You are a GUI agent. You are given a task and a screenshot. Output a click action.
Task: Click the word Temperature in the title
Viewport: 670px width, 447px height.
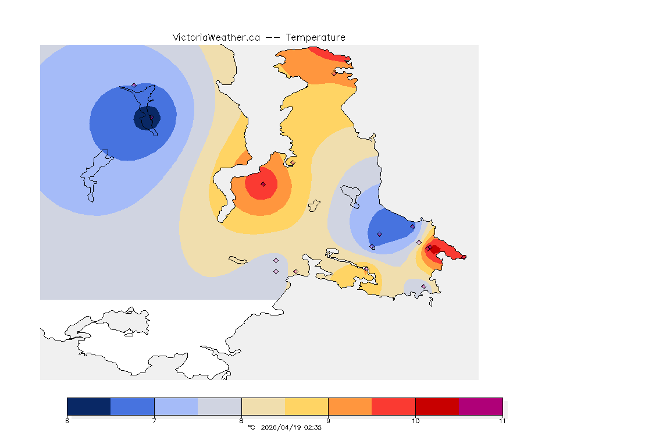point(315,37)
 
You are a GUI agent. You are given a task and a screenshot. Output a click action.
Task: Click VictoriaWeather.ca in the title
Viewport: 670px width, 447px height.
point(216,37)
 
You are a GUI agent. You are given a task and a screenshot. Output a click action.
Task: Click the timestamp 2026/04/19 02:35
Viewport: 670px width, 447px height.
point(291,428)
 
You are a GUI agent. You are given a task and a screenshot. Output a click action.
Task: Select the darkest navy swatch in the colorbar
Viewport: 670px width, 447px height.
point(88,406)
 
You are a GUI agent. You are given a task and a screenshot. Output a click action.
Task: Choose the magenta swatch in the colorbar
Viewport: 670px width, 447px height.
point(480,406)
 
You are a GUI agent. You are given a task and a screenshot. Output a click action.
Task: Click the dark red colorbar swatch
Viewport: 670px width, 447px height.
point(437,406)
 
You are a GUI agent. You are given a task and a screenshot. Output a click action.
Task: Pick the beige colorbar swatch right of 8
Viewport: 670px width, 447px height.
point(263,406)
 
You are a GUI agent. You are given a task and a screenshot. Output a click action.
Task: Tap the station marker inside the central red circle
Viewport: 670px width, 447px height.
point(263,184)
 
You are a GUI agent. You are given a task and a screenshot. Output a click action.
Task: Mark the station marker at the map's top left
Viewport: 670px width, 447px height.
point(134,86)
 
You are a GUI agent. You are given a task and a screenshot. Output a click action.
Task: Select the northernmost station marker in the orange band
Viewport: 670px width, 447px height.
point(334,73)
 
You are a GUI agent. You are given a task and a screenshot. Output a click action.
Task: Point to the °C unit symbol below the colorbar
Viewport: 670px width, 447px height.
point(251,428)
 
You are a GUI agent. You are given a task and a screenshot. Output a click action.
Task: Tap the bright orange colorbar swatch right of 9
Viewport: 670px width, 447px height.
point(350,406)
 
